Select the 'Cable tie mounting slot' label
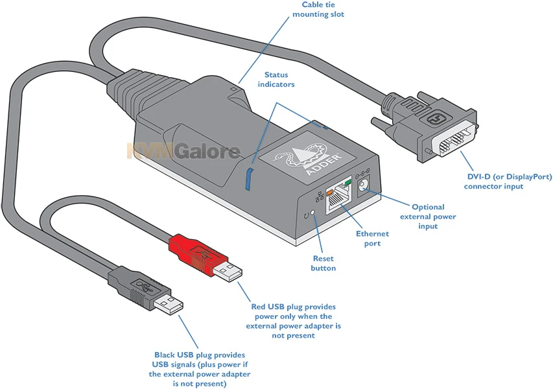[323, 9]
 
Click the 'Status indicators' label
[276, 80]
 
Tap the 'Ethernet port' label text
[372, 238]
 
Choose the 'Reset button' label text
[324, 263]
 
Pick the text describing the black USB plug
[199, 369]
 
